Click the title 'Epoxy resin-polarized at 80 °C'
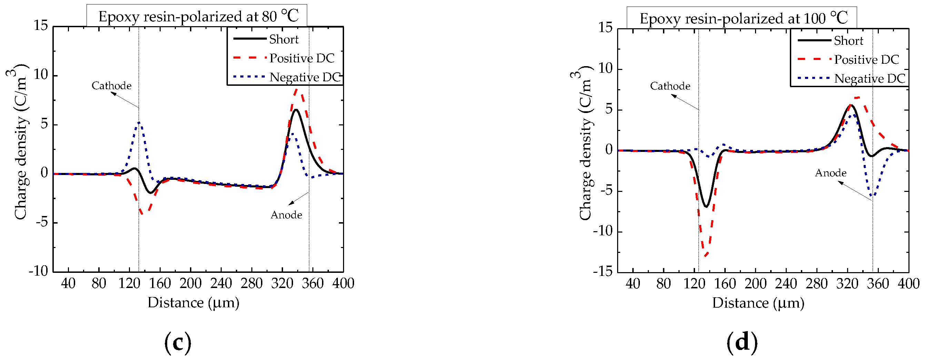pyautogui.click(x=198, y=17)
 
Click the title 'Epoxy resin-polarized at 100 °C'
pyautogui.click(x=743, y=18)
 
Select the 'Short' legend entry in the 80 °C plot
pyautogui.click(x=283, y=39)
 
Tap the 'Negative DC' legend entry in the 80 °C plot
pyautogui.click(x=304, y=77)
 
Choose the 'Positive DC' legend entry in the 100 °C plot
pyautogui.click(x=866, y=60)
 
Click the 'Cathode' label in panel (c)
pyautogui.click(x=111, y=86)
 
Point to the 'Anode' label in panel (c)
pyautogui.click(x=286, y=215)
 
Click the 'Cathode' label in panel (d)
pyautogui.click(x=670, y=86)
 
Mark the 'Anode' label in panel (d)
pyautogui.click(x=831, y=173)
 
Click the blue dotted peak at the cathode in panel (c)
pyautogui.click(x=139, y=123)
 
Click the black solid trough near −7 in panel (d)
pyautogui.click(x=706, y=207)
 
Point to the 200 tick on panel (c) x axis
pyautogui.click(x=190, y=284)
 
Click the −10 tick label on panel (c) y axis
pyautogui.click(x=38, y=271)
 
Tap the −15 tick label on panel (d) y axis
pyautogui.click(x=603, y=271)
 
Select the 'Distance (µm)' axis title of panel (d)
pyautogui.click(x=758, y=303)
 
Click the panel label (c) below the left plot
pyautogui.click(x=178, y=342)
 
